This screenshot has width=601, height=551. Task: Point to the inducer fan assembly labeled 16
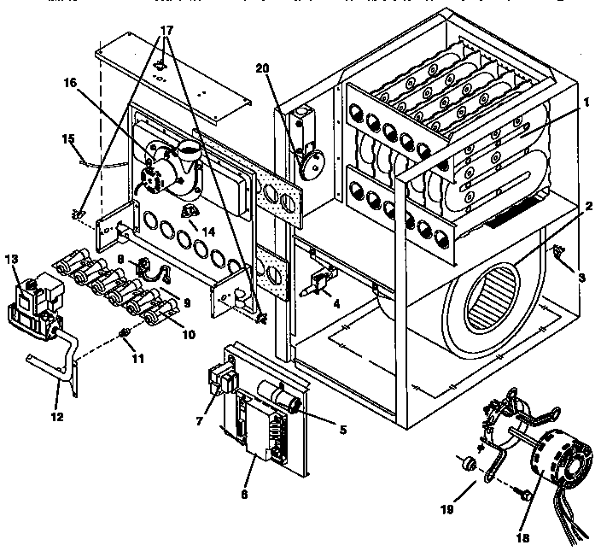pyautogui.click(x=171, y=167)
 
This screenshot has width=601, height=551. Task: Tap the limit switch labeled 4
pyautogui.click(x=320, y=281)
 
